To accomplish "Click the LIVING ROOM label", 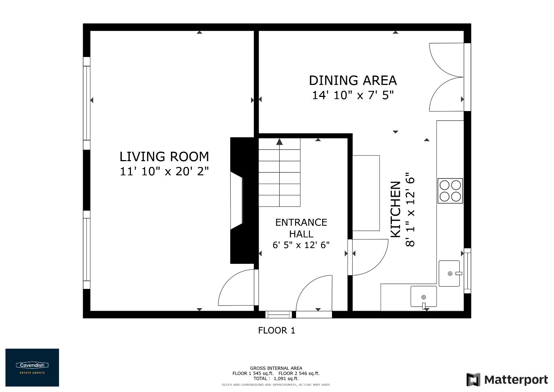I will click(x=164, y=157).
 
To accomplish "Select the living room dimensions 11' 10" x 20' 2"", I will click(x=164, y=171).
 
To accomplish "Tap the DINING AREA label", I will click(x=353, y=80).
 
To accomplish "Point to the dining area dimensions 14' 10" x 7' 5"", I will click(x=353, y=95).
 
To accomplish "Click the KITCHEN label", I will click(x=395, y=210).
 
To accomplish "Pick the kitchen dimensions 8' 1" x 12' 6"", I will click(x=410, y=210).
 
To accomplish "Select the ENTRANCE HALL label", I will click(x=301, y=228).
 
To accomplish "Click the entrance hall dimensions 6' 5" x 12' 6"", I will click(x=301, y=245).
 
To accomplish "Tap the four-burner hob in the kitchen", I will click(x=450, y=191).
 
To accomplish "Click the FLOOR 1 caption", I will click(x=276, y=330).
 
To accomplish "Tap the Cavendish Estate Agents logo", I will click(x=32, y=367).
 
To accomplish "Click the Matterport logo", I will click(x=507, y=380).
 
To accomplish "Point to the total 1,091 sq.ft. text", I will click(x=276, y=378).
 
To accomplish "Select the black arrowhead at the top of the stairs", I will click(x=279, y=142).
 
